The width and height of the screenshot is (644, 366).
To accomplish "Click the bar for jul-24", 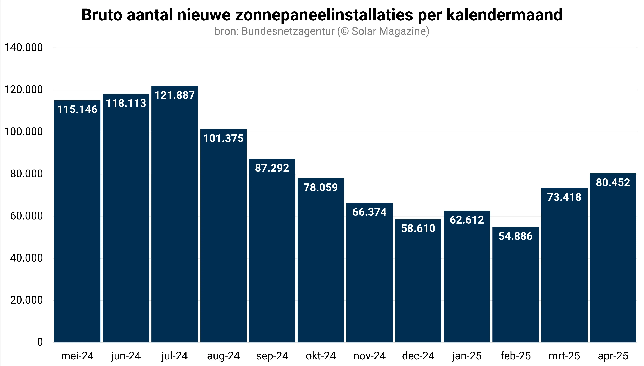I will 175,214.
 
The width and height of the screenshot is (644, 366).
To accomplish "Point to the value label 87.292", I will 272,168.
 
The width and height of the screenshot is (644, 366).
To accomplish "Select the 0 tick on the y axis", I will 40,342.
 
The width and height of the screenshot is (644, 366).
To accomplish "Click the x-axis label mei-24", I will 77,356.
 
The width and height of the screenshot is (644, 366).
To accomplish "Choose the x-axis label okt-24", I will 321,356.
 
